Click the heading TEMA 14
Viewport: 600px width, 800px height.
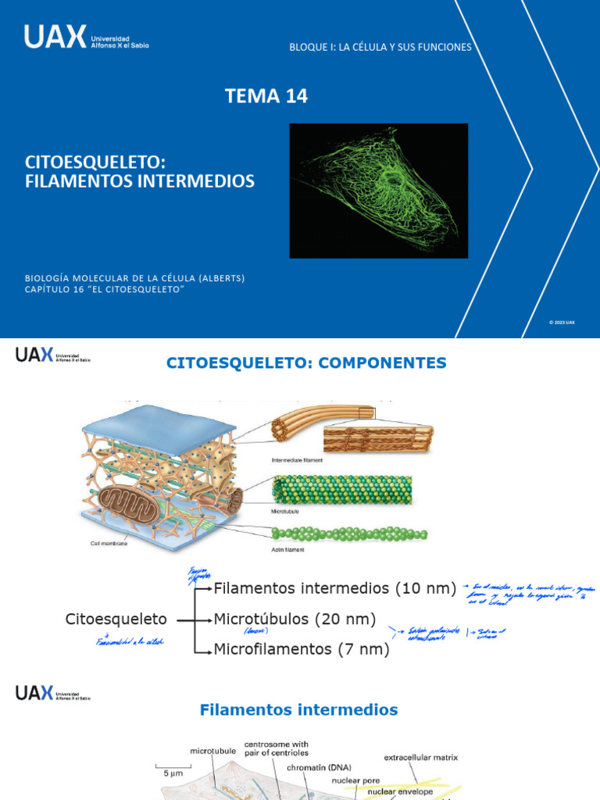(266, 96)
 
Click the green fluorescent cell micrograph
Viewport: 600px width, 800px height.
(379, 190)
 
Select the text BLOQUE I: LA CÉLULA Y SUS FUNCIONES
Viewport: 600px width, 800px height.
(380, 47)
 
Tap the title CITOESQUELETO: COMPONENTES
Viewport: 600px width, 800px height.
(307, 362)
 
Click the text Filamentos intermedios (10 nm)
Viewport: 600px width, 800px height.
(335, 588)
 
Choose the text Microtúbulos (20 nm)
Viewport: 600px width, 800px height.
(295, 619)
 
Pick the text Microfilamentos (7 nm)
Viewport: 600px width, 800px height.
(301, 649)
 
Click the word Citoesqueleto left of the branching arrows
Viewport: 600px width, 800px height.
(116, 619)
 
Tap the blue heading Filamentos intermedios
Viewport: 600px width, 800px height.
(299, 710)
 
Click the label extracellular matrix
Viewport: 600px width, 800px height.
(421, 757)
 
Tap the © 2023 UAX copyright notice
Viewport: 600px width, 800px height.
(562, 322)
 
